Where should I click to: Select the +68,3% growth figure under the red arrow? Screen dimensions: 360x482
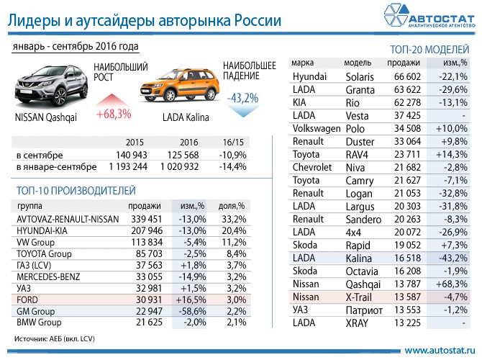(113, 114)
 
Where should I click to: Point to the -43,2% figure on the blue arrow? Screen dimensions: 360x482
(242, 97)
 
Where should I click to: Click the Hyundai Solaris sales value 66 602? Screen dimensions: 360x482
(403, 77)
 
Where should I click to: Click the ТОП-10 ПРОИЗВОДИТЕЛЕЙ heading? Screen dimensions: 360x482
(75, 190)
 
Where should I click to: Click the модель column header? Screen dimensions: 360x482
(358, 63)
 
